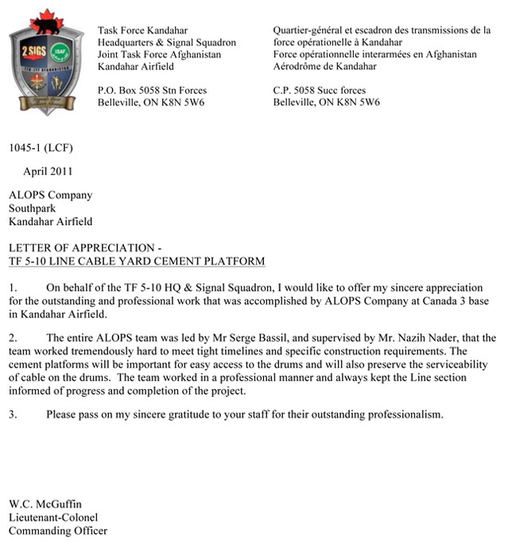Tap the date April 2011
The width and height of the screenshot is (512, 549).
point(49,171)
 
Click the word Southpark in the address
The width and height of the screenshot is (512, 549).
point(31,208)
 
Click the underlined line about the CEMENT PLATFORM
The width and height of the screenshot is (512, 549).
point(136,261)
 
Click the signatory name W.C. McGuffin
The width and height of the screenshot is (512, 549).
point(45,504)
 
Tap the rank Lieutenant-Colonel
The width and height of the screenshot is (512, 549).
point(52,518)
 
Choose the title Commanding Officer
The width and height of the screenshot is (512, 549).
point(57,531)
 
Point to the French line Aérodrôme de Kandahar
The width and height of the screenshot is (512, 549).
point(325,67)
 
